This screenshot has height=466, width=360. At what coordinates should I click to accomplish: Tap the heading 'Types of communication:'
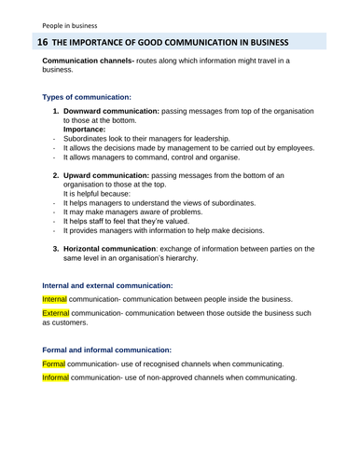coord(87,97)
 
